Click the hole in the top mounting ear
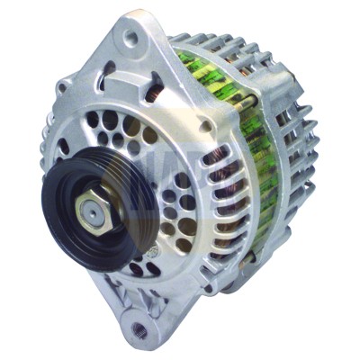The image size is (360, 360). (x=132, y=38)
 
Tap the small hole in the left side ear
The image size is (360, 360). (x=63, y=88)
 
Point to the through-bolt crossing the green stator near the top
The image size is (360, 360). (x=216, y=67)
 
